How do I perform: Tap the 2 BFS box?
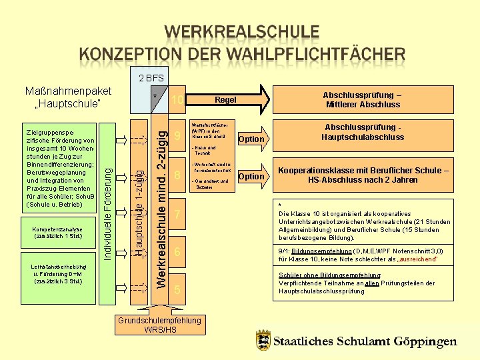coord(151,78)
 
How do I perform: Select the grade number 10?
coord(177,100)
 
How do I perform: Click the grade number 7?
coord(177,215)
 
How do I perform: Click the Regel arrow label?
coord(225,100)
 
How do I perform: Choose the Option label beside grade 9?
coord(251,139)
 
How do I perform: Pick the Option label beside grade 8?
coord(251,177)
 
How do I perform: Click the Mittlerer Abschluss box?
coord(363,99)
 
